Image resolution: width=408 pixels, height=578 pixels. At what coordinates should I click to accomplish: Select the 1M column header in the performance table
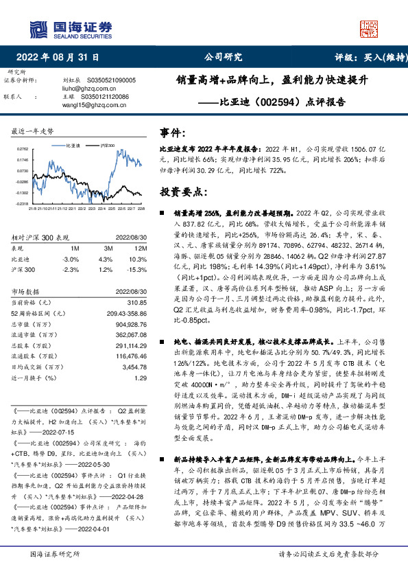pyautogui.click(x=75, y=248)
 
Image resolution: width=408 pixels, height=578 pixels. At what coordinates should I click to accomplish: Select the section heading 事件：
pyautogui.click(x=172, y=131)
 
